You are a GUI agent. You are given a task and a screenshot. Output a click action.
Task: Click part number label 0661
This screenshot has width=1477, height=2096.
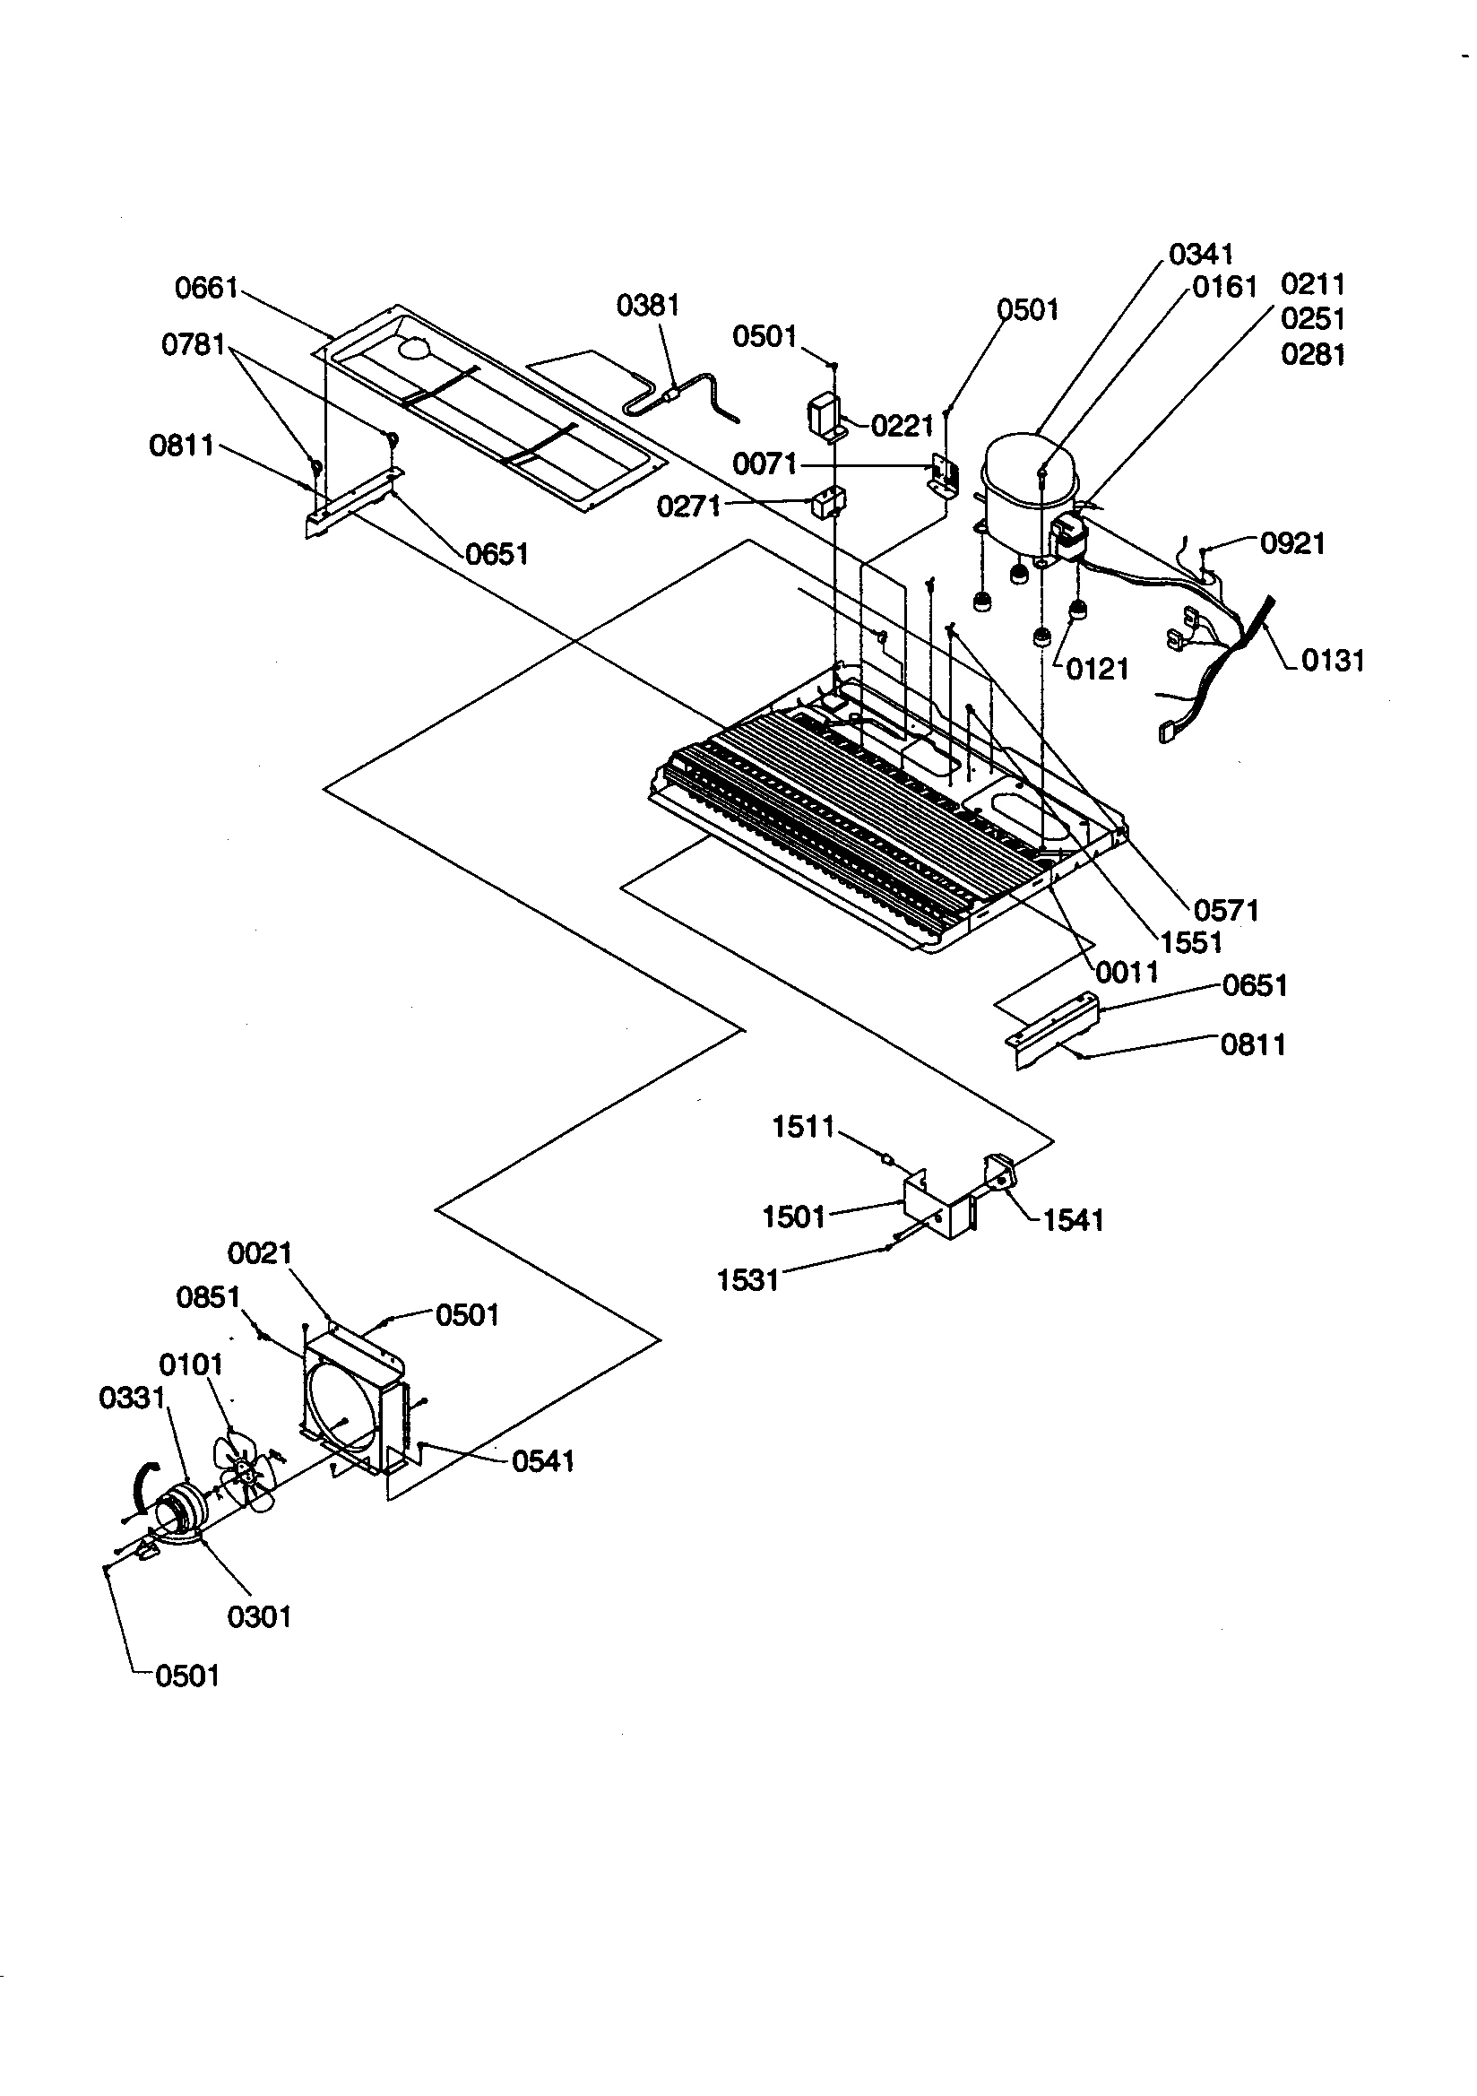tap(205, 289)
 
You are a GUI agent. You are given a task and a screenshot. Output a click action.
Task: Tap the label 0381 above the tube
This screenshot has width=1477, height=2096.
tap(647, 305)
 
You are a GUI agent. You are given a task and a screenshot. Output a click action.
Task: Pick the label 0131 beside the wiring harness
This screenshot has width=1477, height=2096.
tap(1332, 660)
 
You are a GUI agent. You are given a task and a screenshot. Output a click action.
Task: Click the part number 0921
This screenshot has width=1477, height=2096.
tap(1291, 543)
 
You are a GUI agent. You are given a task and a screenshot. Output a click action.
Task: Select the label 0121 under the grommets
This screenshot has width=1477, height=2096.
tap(1097, 669)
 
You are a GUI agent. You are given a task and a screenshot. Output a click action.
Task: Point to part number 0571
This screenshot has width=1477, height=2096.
tap(1226, 910)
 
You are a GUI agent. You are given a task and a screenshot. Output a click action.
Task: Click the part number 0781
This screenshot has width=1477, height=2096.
tap(193, 345)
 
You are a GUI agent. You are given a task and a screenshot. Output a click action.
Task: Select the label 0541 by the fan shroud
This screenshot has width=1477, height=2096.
tap(542, 1461)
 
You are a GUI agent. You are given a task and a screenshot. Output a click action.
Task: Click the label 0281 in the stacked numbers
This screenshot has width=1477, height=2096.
tap(1313, 354)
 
